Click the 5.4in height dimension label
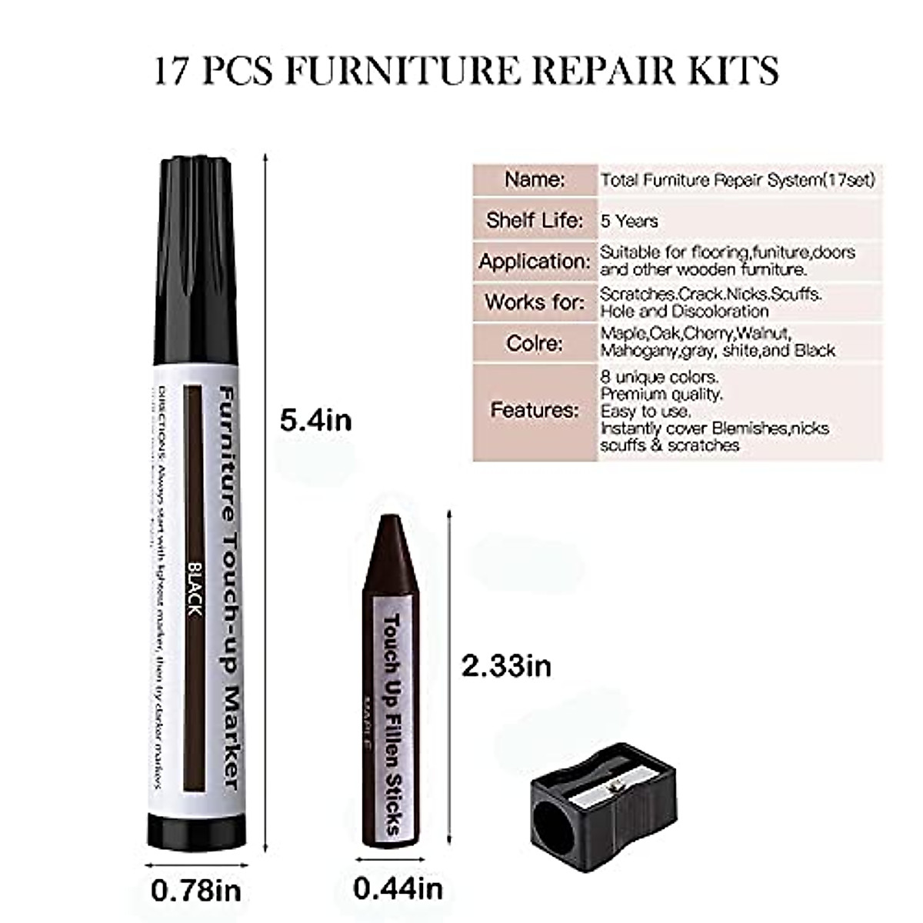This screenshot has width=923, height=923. pos(316,420)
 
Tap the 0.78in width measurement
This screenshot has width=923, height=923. pos(196,891)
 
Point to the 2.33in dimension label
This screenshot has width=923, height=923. pos(506,665)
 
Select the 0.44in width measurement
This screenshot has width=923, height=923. pos(398,888)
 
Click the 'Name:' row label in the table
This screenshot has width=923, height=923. pos(535,180)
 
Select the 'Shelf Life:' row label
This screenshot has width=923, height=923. pos(535,221)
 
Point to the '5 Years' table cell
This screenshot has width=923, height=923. pos(629,222)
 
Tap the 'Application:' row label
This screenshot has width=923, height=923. pos(535,262)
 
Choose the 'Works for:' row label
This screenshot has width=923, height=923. pos(535,302)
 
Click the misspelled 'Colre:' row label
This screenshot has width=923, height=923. pos(535,343)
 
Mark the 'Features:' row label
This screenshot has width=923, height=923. pos(535,410)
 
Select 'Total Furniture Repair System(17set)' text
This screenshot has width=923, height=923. pos(738,181)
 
